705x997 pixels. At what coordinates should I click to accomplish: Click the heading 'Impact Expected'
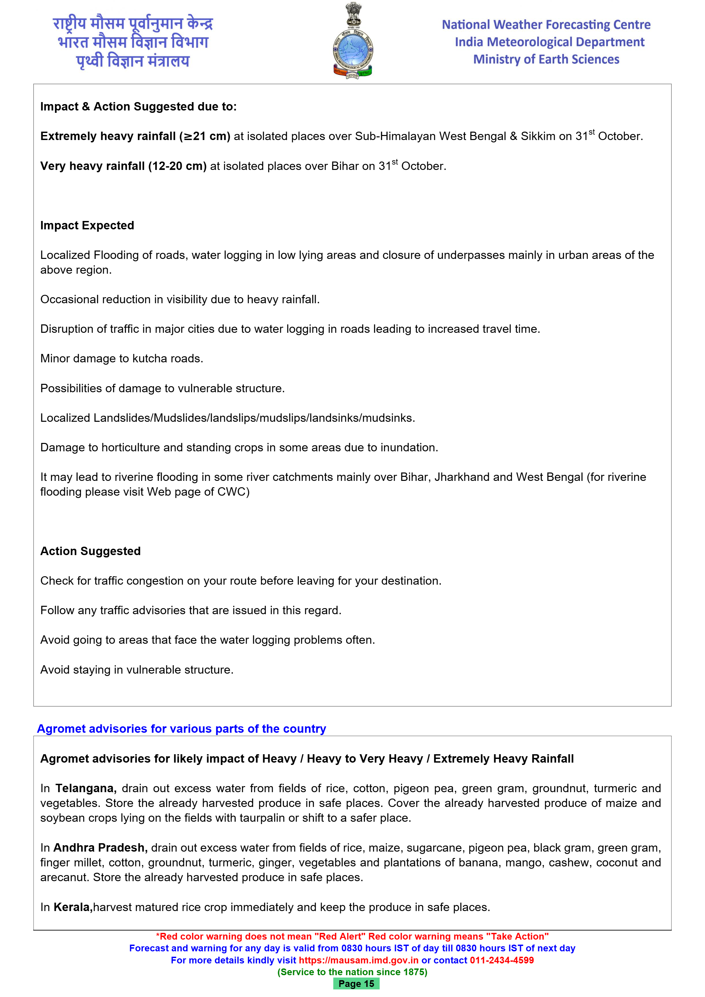click(x=87, y=225)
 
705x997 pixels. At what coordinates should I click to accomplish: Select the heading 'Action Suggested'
click(x=90, y=551)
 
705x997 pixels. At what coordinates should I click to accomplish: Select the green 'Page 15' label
click(x=356, y=984)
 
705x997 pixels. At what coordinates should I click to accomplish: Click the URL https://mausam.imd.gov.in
click(x=359, y=960)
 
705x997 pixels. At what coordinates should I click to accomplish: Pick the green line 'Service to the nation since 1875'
click(x=352, y=972)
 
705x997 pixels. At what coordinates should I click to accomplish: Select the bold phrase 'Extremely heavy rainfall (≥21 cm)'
click(x=135, y=136)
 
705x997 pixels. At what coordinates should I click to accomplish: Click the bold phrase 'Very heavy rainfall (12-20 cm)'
click(x=123, y=166)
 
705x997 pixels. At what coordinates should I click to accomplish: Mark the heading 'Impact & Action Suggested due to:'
click(x=138, y=106)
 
